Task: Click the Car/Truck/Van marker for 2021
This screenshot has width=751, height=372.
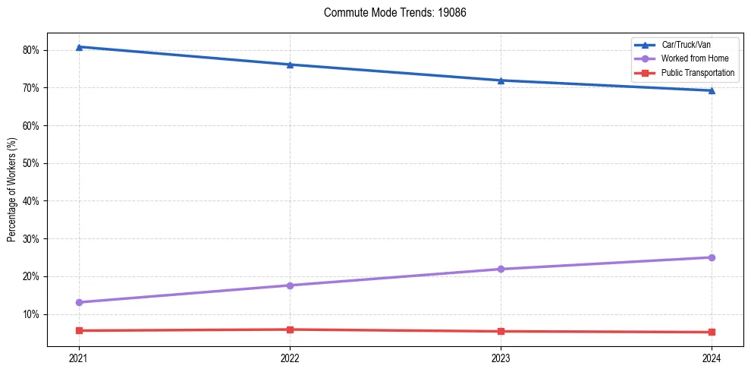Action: click(79, 47)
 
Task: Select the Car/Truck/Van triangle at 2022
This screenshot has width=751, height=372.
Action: click(290, 65)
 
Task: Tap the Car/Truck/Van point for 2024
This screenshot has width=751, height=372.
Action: click(712, 90)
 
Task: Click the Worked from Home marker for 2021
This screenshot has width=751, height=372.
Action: click(79, 302)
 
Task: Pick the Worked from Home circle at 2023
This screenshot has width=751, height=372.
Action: click(501, 269)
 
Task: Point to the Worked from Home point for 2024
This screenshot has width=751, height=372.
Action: click(712, 257)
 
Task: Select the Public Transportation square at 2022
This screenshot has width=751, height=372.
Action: click(290, 329)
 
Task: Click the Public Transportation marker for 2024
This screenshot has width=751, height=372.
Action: click(712, 332)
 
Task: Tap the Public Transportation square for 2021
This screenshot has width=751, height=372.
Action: click(79, 330)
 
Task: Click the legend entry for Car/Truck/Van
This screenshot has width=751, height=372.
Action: click(685, 45)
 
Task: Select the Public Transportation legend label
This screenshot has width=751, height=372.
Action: click(697, 73)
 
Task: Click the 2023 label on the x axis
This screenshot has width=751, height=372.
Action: click(501, 358)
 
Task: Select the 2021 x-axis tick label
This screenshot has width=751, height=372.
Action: click(79, 358)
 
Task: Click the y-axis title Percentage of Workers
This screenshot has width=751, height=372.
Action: click(11, 190)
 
